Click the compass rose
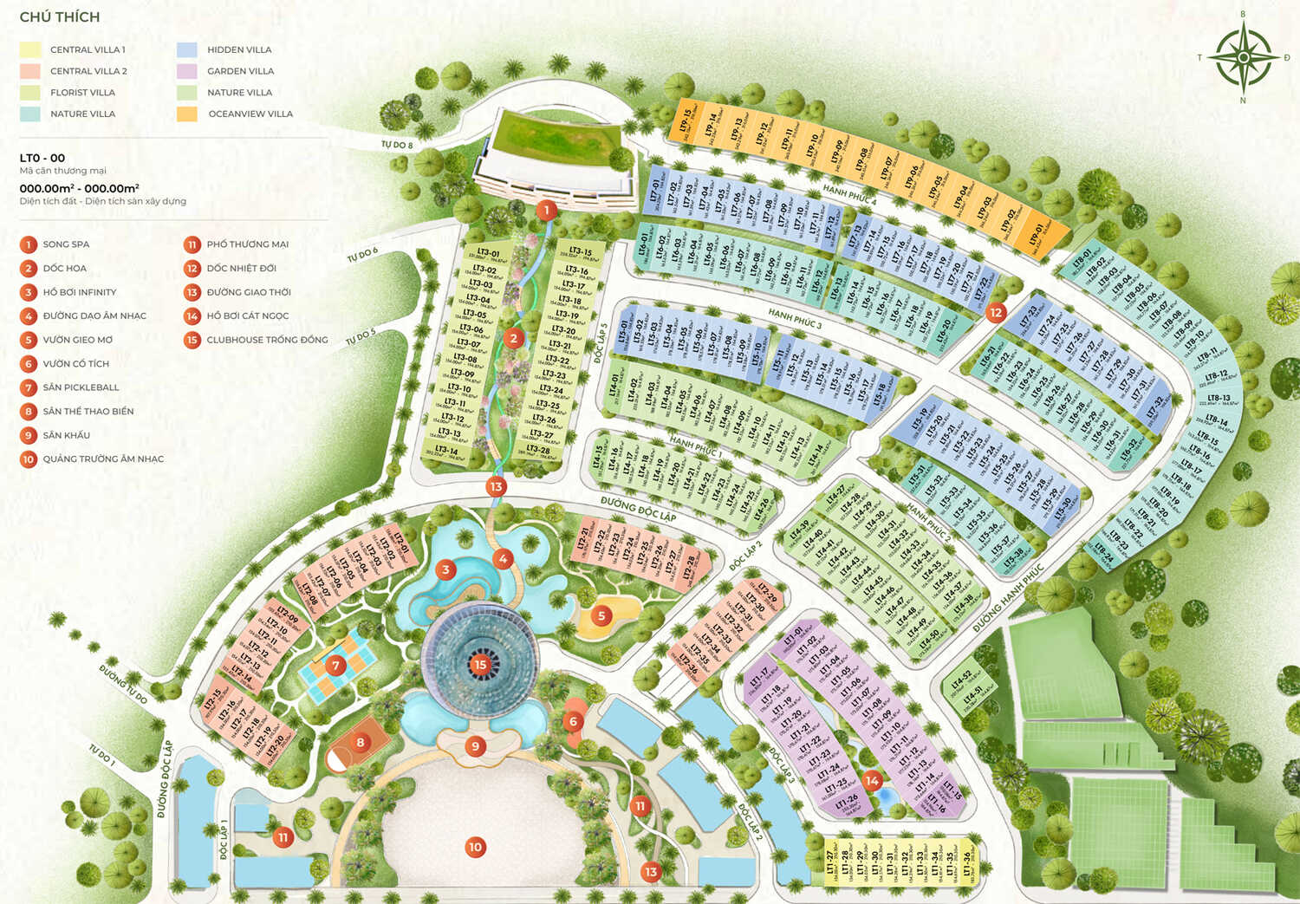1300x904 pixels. click(x=1243, y=57)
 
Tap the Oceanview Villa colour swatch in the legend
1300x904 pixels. click(x=187, y=114)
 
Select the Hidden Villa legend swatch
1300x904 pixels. click(x=187, y=49)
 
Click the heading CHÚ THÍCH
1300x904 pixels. click(x=59, y=16)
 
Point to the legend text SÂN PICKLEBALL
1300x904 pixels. click(x=81, y=387)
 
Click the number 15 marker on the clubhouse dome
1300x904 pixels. click(x=480, y=665)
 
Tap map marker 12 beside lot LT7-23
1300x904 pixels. click(x=996, y=312)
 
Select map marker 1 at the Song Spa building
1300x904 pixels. click(x=546, y=210)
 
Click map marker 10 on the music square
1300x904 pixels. click(x=475, y=847)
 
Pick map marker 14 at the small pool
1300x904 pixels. click(x=872, y=780)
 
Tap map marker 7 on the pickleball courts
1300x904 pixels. click(x=335, y=666)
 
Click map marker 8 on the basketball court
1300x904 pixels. click(x=361, y=742)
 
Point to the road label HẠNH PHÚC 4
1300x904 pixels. click(x=849, y=194)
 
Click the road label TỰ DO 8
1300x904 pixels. click(x=397, y=145)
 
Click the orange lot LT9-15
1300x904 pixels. click(x=686, y=122)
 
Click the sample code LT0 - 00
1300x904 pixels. click(x=42, y=158)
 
